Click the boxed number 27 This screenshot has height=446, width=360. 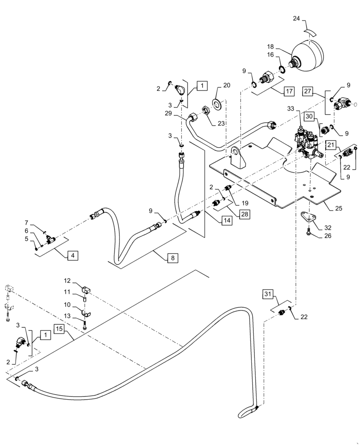(307, 91)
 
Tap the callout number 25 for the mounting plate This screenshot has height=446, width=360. (330, 207)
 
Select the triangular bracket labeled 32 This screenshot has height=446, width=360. (308, 219)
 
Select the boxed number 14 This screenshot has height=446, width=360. (227, 220)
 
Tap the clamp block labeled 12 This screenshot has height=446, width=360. (86, 290)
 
